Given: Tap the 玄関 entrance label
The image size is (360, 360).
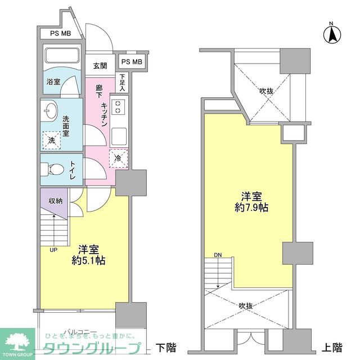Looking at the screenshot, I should [x=100, y=66].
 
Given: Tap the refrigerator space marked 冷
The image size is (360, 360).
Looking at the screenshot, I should [x=119, y=159].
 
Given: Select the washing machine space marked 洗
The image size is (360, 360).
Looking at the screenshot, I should [x=52, y=139].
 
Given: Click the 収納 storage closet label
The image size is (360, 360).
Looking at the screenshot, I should [x=55, y=201].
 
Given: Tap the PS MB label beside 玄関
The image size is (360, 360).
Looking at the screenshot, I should [x=132, y=62].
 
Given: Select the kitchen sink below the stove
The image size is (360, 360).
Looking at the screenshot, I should [x=119, y=136].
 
